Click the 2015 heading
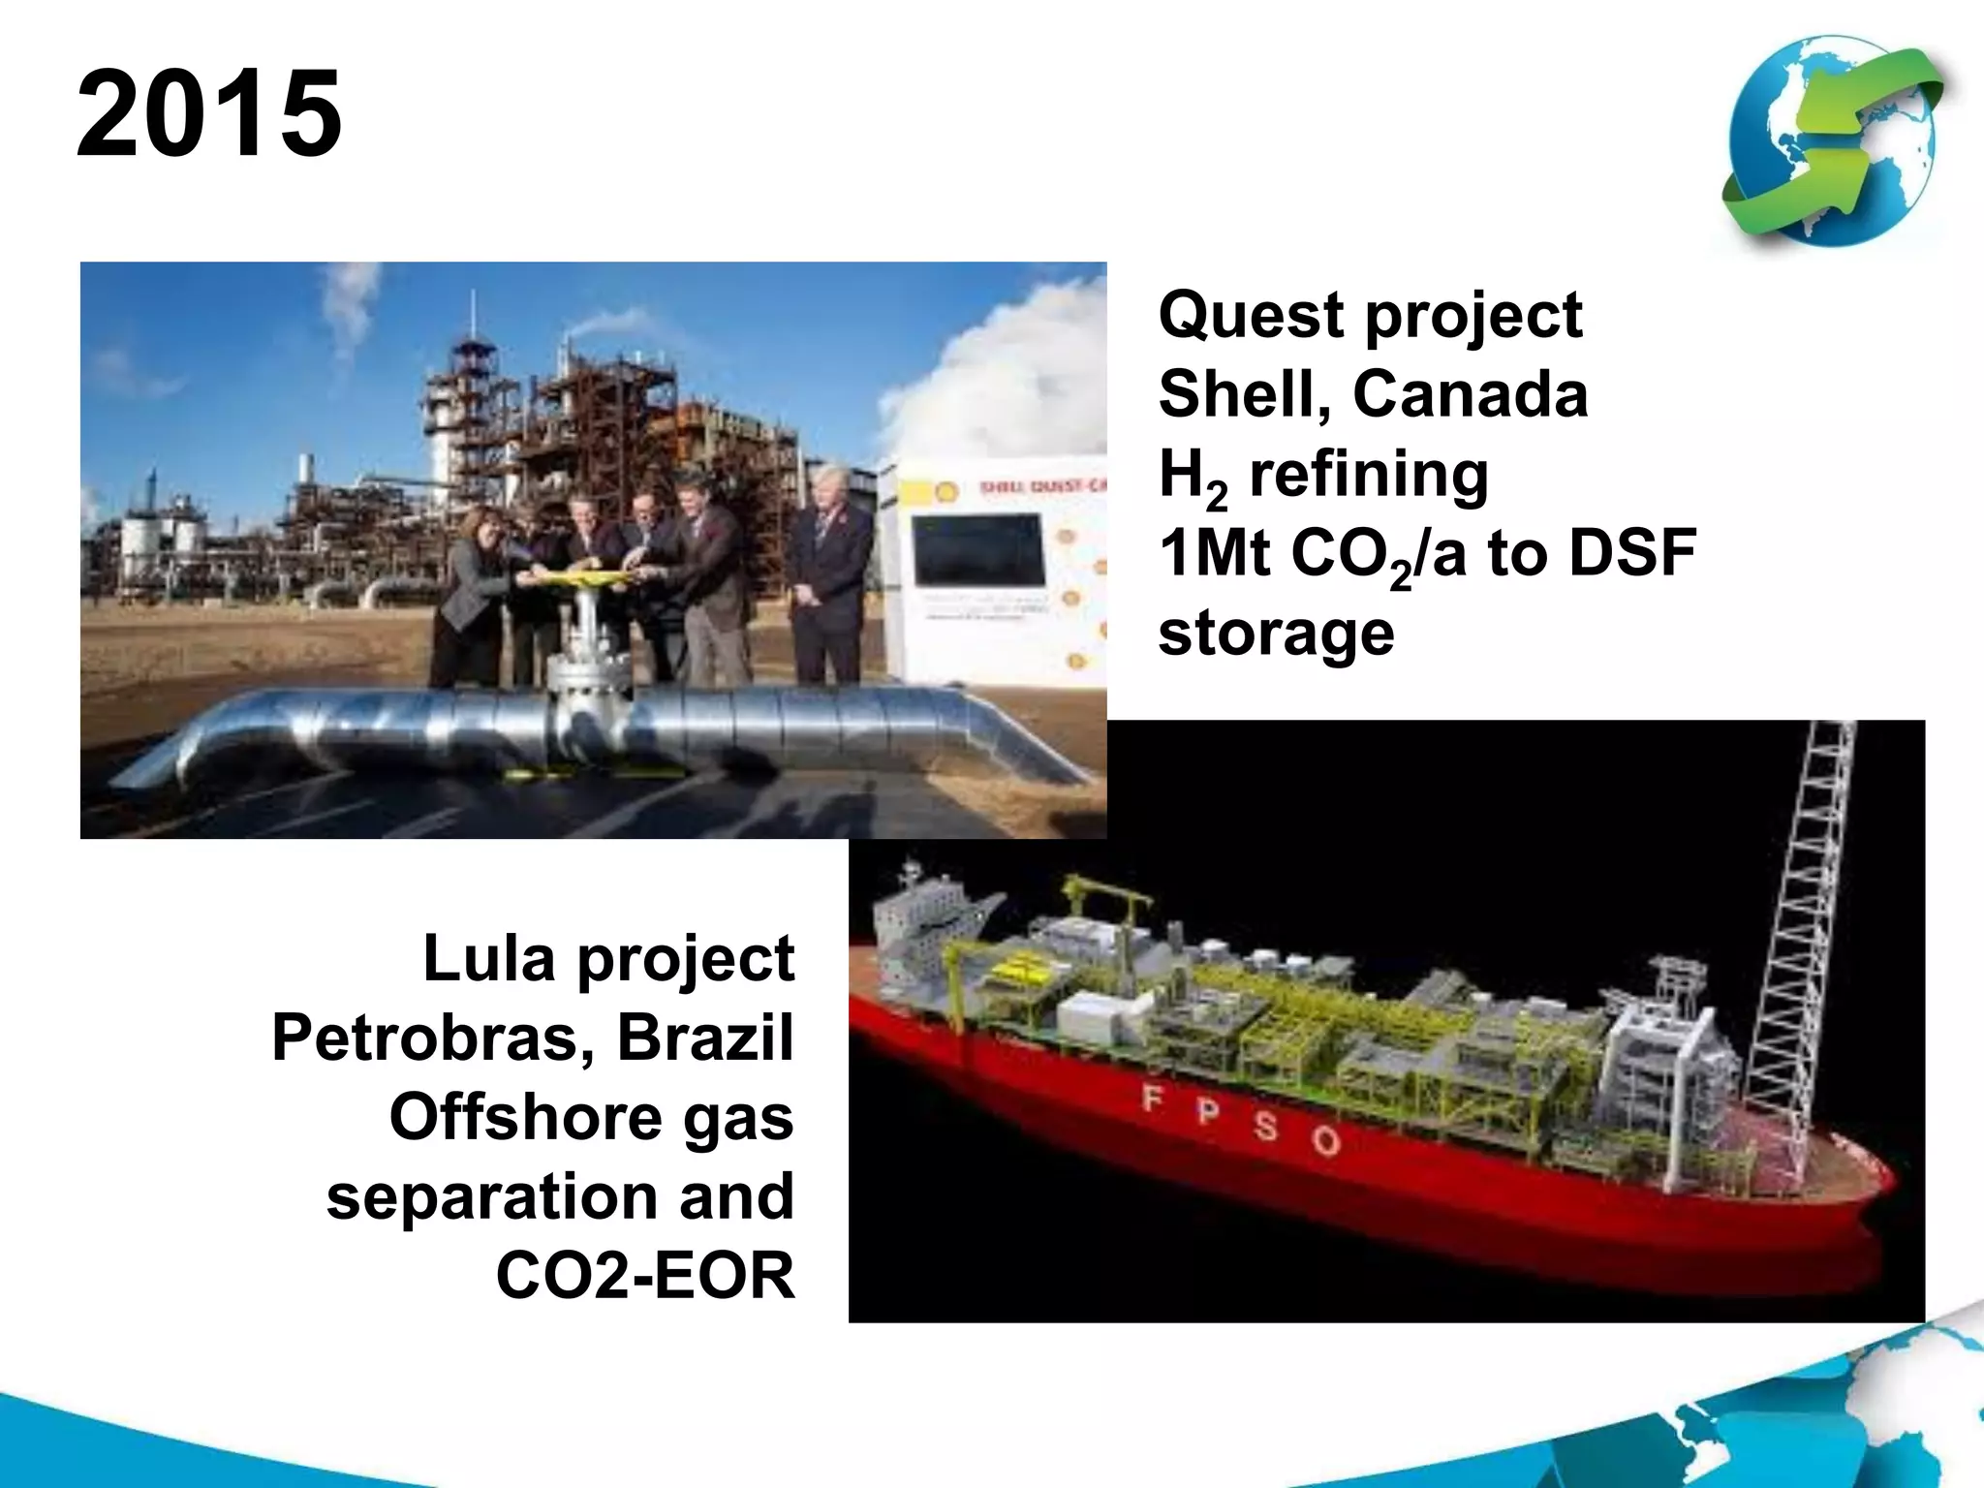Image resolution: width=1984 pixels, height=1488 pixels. point(209,114)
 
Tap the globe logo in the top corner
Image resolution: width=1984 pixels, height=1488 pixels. point(1834,142)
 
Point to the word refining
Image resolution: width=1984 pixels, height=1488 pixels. point(1368,475)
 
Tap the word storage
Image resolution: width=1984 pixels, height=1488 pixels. point(1276,633)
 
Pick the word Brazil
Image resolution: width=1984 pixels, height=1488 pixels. point(705,1038)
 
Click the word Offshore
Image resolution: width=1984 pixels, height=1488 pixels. point(525,1117)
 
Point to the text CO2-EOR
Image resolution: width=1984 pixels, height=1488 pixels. point(645,1276)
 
